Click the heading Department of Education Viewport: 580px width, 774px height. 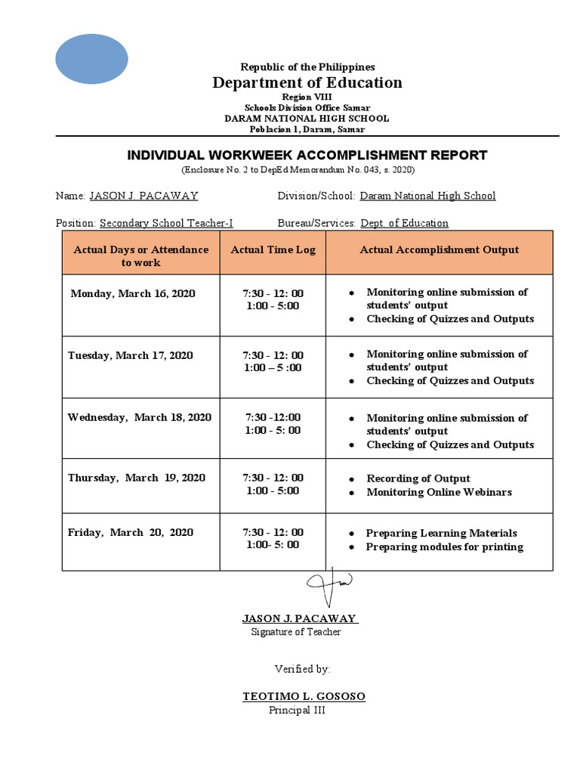307,82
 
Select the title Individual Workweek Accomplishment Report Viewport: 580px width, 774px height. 307,156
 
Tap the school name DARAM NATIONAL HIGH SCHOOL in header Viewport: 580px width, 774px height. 307,119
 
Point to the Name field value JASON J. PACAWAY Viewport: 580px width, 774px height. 143,196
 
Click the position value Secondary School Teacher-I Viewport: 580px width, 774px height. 165,223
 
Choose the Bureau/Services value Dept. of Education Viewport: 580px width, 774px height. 404,223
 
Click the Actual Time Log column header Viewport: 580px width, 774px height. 273,250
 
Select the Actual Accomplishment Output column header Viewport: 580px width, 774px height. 439,250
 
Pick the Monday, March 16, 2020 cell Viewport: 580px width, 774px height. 133,293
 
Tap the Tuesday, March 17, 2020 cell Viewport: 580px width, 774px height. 130,355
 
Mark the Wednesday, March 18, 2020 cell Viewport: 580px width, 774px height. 140,417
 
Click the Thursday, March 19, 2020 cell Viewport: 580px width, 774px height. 137,478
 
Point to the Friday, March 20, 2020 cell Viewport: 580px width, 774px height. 131,532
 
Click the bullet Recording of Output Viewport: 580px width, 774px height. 418,478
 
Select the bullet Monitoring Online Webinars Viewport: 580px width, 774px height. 439,492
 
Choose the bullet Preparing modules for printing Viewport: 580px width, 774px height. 444,546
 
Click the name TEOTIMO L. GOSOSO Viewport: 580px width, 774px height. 304,696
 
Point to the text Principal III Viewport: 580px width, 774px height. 297,710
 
